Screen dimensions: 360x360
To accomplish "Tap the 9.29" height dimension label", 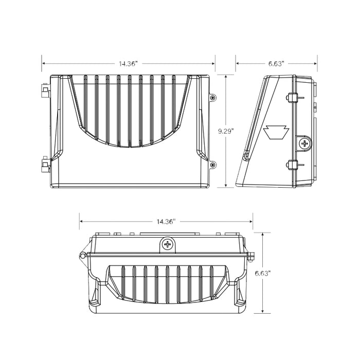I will pyautogui.click(x=226, y=131).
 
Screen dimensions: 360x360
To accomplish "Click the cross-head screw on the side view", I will pyautogui.click(x=304, y=143).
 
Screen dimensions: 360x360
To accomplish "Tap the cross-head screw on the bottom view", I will pyautogui.click(x=167, y=245).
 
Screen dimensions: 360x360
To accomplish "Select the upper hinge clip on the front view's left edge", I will pyautogui.click(x=45, y=92).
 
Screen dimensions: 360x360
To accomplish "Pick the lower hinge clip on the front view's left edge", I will pyautogui.click(x=45, y=165).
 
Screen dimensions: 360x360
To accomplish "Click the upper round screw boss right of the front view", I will pyautogui.click(x=213, y=97).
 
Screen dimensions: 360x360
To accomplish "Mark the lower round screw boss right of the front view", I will pyautogui.click(x=213, y=165).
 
